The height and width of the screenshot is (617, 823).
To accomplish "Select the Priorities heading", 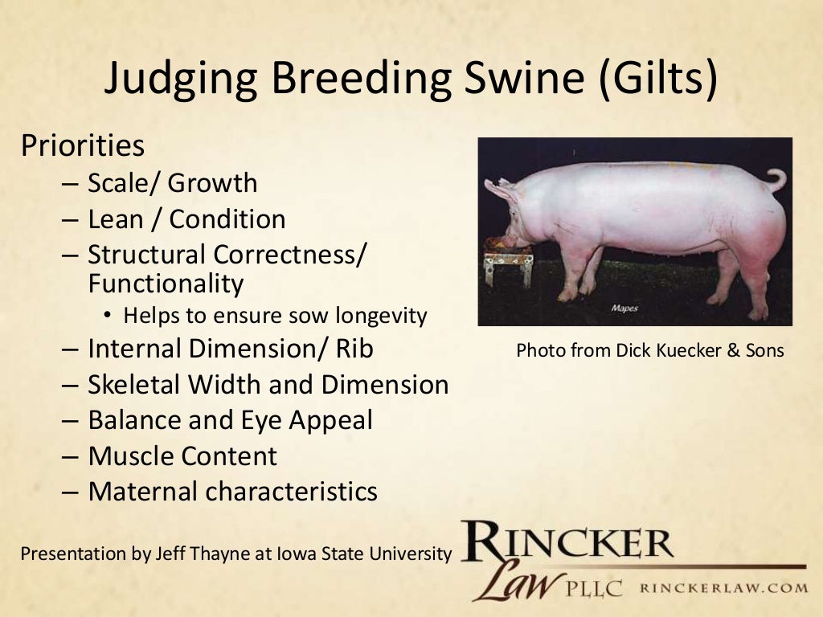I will (83, 145).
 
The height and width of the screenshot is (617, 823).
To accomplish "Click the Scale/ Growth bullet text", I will (173, 183).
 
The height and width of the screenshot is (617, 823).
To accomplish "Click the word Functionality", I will (166, 283).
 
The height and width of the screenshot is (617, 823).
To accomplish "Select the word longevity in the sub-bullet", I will (380, 316).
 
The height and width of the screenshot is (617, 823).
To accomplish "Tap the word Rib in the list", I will (354, 349).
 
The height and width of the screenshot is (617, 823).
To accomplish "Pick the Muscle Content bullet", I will (182, 456).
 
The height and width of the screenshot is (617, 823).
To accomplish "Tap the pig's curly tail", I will (776, 178).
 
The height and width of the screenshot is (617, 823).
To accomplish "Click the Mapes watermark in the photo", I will (624, 308).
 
